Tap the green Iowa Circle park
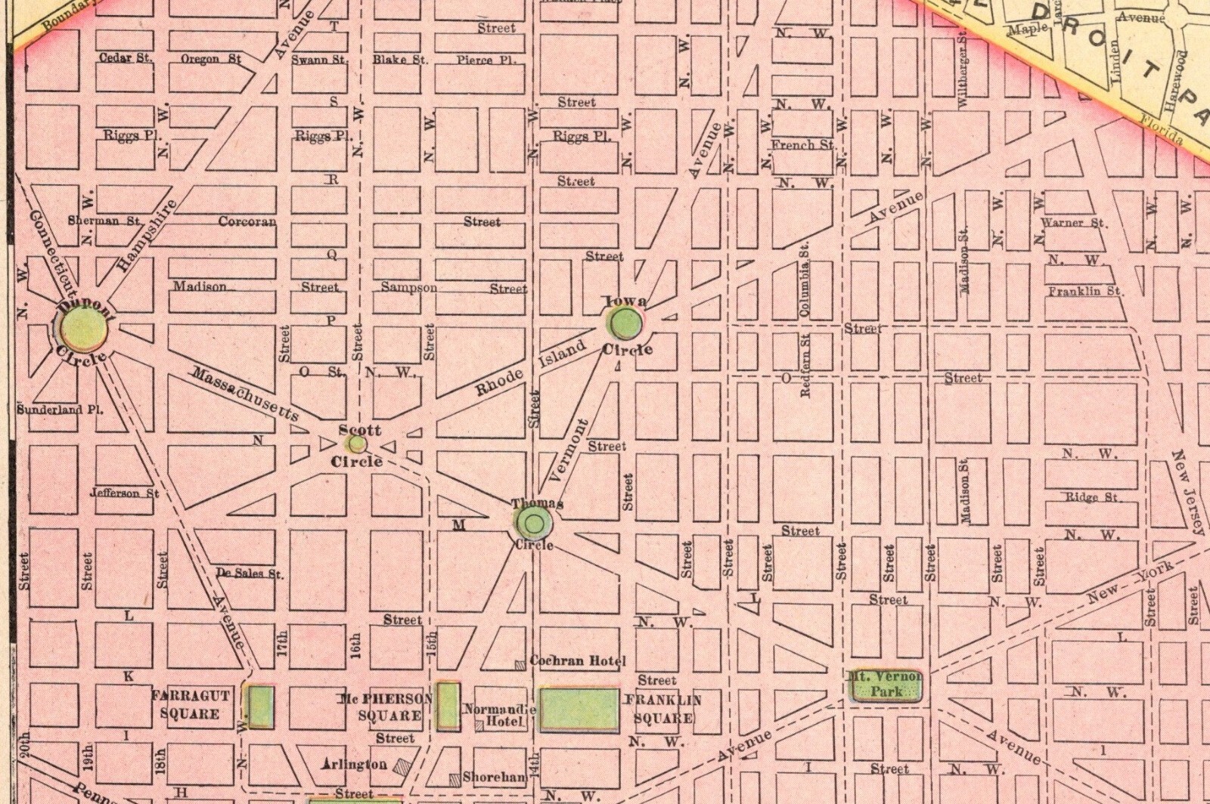pos(626,325)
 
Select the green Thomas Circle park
pos(534,522)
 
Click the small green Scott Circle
pos(358,444)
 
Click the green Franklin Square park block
pos(579,710)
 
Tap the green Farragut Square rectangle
pos(261,707)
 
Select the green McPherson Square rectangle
pos(448,707)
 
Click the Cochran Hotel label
pos(578,661)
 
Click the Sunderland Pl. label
pos(60,409)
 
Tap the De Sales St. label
pos(249,573)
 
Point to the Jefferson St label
pos(124,493)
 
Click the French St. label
pos(802,144)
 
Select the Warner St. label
pos(1073,223)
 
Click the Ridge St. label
pos(1092,497)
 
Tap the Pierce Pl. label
pos(486,60)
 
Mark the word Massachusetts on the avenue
pos(244,393)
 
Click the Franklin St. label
pos(1085,291)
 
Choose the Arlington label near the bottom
pos(354,764)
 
